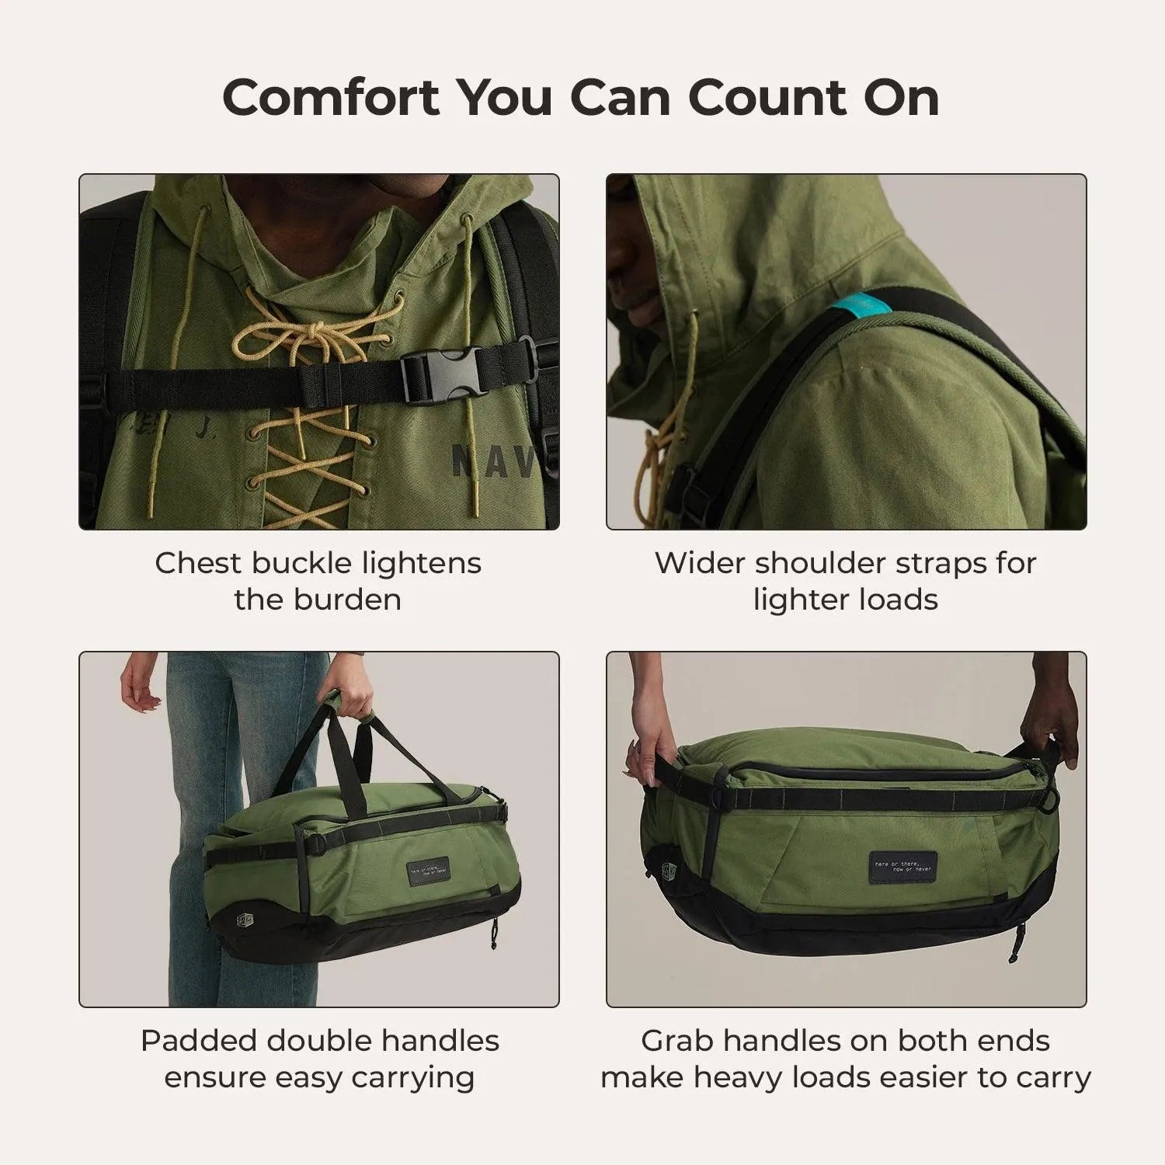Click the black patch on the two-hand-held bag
point(902,864)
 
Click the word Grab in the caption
point(676,1041)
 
